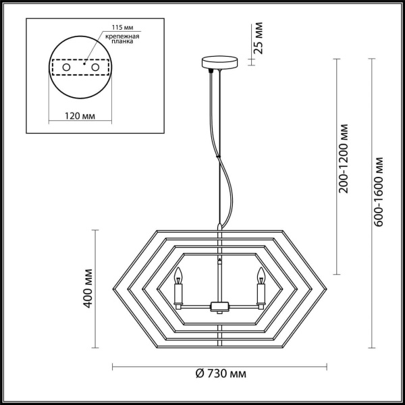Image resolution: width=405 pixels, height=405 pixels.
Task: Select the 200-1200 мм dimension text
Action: click(x=345, y=157)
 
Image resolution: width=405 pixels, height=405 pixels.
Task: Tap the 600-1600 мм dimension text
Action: click(x=379, y=192)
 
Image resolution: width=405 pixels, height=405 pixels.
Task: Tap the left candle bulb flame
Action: click(x=180, y=275)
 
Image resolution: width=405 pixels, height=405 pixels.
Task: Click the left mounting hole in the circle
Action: click(x=66, y=68)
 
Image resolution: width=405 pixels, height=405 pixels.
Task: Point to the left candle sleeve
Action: click(x=180, y=294)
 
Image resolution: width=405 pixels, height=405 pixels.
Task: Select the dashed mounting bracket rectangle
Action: click(x=80, y=68)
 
